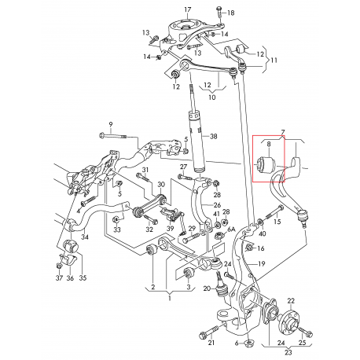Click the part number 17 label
188,10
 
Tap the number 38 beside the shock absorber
214,136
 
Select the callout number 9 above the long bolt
111,124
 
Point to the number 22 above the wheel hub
291,301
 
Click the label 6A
231,230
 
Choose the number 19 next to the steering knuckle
262,263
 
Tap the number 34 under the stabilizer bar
85,237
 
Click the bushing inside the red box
266,164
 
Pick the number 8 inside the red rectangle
269,144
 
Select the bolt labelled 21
209,332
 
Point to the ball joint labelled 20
222,286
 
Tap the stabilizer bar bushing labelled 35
71,247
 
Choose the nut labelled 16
249,247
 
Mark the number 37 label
60,278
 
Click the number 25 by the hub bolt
302,343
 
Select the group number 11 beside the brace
274,61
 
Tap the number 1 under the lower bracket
170,298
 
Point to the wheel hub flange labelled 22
288,321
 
